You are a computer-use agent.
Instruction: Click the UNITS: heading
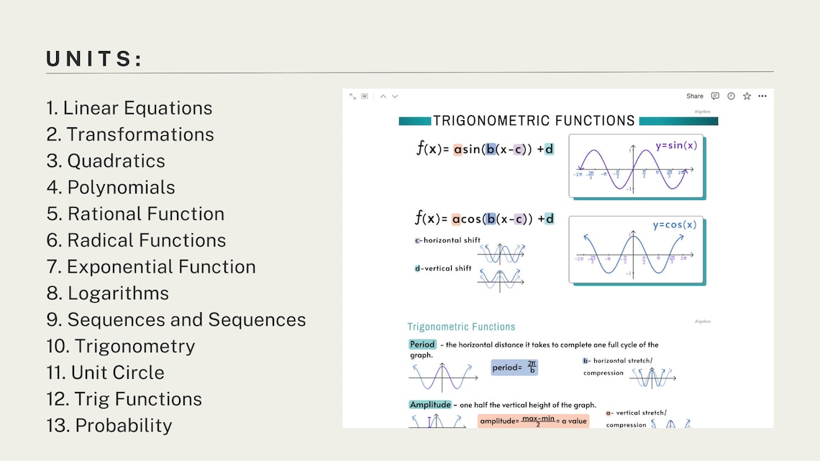point(94,59)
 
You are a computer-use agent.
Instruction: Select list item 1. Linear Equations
point(129,108)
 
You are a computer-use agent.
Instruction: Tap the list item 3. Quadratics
point(106,161)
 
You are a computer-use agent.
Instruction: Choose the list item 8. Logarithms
point(108,293)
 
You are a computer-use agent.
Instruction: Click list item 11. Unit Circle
point(105,373)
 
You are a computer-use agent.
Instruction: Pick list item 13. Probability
point(109,426)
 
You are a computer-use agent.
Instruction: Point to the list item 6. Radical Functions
point(136,240)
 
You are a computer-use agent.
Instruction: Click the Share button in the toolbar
point(694,96)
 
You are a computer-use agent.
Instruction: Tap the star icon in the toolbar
point(747,96)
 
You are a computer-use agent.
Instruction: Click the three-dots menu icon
point(762,96)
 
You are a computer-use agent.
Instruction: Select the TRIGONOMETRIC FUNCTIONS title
point(534,121)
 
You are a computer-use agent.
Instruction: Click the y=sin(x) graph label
point(675,145)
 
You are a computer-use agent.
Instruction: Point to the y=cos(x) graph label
point(674,224)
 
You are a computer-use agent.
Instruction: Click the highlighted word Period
point(422,344)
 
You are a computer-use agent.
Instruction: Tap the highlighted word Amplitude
point(430,405)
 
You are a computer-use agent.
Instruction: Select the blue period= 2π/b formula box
point(514,368)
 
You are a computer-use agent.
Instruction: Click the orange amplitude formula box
point(533,421)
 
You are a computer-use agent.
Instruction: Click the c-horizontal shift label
point(447,240)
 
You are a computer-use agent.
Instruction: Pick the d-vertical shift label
point(443,268)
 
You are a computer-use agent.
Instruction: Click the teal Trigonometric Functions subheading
point(461,327)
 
